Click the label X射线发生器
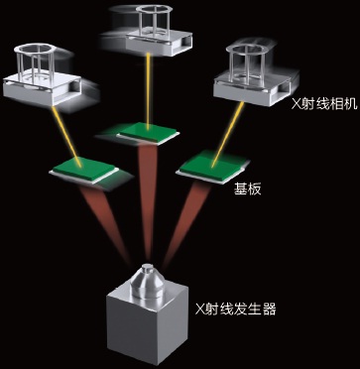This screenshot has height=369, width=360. click(x=236, y=309)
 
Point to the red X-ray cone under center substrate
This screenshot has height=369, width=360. click(x=149, y=198)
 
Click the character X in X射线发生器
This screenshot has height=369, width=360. click(x=200, y=309)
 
